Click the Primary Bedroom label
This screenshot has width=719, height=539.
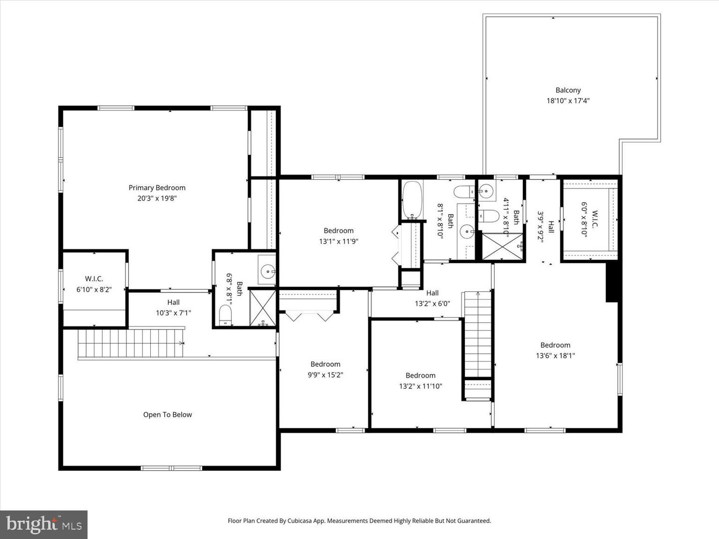157,188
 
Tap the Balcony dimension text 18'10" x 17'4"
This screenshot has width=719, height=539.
568,101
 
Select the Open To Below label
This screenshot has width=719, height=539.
167,415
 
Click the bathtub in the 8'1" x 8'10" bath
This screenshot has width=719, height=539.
412,200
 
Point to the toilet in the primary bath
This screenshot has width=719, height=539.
226,315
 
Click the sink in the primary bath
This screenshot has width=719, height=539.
268,271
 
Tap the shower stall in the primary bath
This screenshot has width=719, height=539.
263,307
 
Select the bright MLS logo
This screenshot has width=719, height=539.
44,524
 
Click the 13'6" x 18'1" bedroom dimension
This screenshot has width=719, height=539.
555,356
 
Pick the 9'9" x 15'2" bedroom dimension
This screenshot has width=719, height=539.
325,375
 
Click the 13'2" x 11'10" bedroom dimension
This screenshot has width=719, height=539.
420,386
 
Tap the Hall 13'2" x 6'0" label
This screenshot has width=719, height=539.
432,298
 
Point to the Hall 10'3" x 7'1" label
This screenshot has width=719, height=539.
173,307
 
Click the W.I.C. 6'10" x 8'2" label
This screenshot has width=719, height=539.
94,284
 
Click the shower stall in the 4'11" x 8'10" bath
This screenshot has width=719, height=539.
502,247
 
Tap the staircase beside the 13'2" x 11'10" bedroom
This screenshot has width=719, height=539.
478,334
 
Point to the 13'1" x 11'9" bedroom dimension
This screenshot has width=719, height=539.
339,242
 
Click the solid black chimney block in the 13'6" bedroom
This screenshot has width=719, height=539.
612,282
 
